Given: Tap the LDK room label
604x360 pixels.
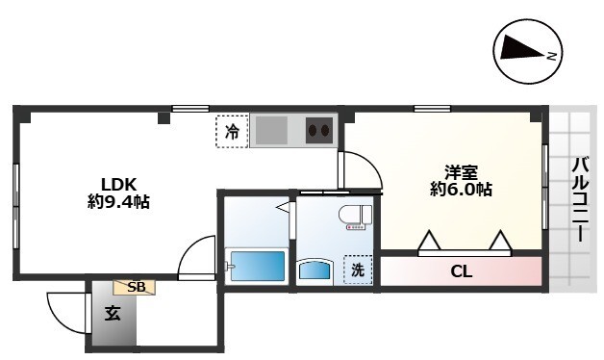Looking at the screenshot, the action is coord(118,184).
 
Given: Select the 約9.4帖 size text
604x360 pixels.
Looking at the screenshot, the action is coord(118,201).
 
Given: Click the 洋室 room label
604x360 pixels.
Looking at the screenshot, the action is coord(461,172).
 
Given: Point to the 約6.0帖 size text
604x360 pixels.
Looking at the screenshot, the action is coord(461,190).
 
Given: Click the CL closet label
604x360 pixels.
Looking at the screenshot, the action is coord(461,272).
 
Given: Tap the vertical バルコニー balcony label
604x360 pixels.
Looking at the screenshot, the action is coord(580,199).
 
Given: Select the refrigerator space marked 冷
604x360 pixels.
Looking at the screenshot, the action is coord(232,132).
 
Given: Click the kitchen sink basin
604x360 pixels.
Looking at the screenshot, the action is coord(271,130).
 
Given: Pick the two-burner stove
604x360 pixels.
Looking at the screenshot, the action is coord(319,130).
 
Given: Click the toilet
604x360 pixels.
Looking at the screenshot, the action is coord(355,218).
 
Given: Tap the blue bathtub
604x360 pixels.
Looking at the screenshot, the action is coord(258,266).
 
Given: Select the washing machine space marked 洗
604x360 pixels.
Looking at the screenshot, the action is coord(358,270).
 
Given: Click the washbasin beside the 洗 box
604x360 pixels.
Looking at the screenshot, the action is coord(315,270).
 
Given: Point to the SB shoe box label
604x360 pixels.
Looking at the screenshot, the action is coord(135,287).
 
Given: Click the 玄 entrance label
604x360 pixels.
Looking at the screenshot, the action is coord(113,314).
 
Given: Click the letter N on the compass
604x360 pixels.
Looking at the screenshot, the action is coord(552,56).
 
